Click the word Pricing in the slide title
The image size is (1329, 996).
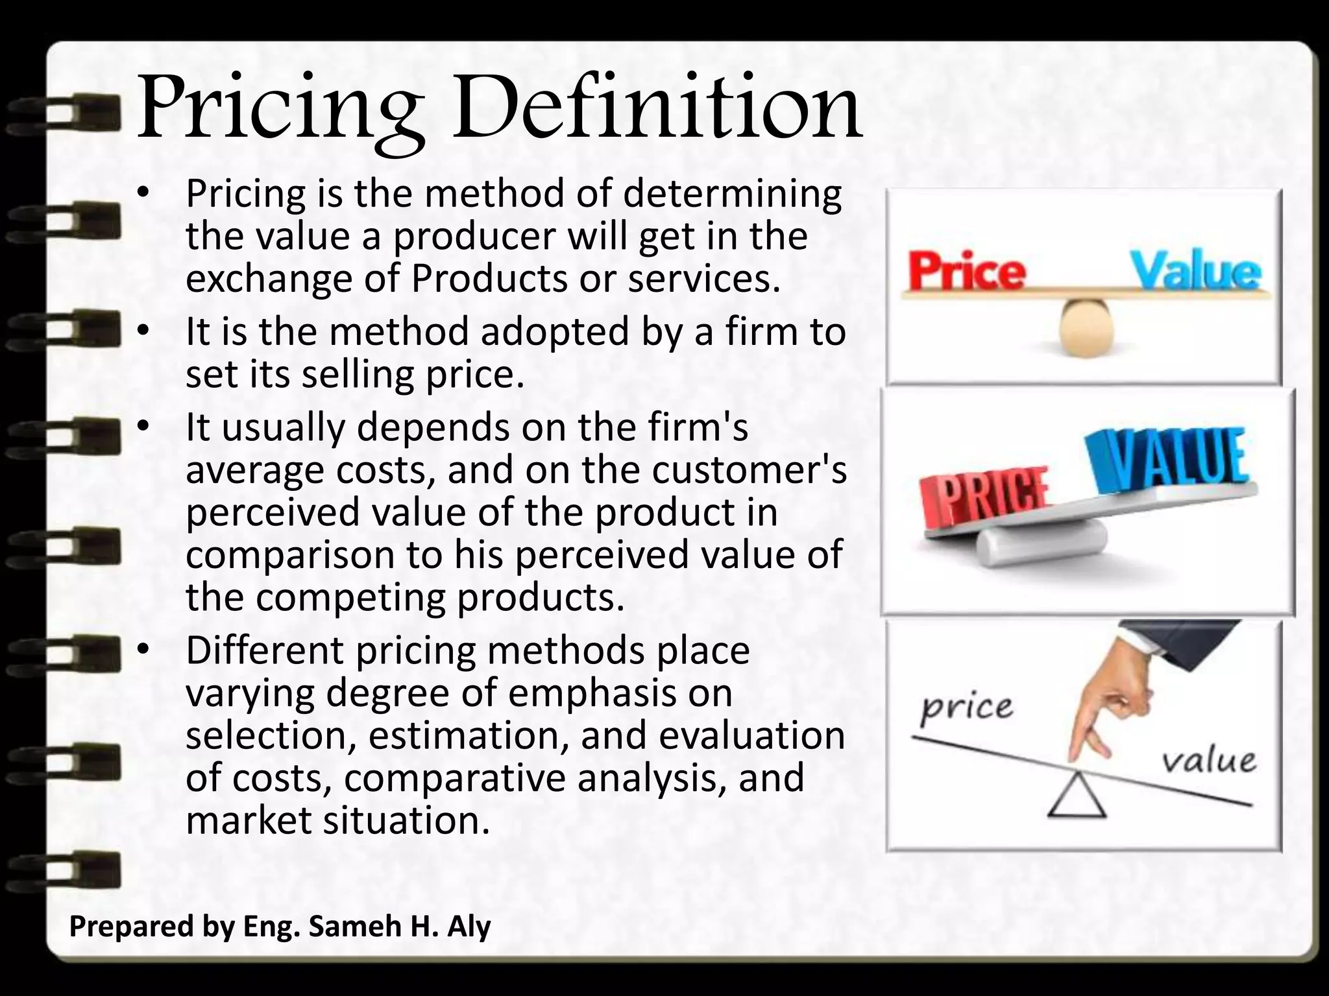[x=280, y=110]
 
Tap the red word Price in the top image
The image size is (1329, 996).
[x=966, y=272]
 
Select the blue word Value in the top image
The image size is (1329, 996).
[x=1196, y=272]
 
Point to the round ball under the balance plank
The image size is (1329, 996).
[x=1088, y=327]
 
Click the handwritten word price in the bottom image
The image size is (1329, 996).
[x=966, y=708]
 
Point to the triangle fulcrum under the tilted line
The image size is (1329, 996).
[x=1077, y=796]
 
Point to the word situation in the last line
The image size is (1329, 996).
[x=406, y=820]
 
